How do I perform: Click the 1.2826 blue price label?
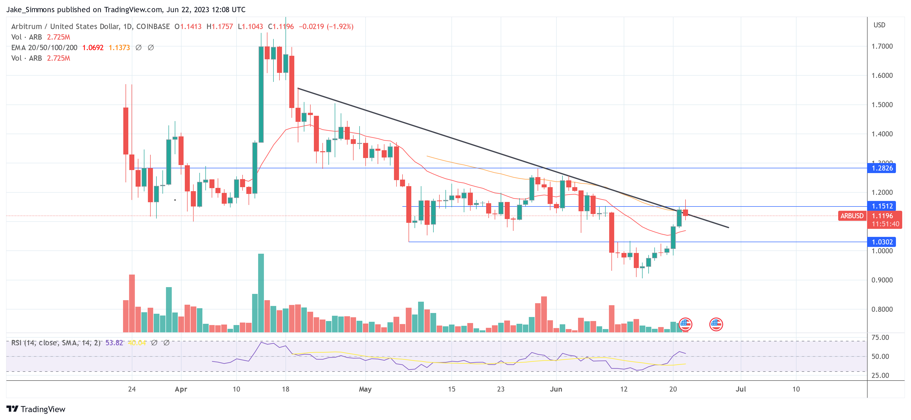point(882,168)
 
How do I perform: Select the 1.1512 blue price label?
point(882,206)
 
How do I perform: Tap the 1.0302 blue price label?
point(882,242)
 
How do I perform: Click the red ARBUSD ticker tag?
point(851,216)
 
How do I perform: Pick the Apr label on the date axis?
point(181,389)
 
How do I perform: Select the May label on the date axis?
point(365,389)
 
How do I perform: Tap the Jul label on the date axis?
point(741,389)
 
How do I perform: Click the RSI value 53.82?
point(114,343)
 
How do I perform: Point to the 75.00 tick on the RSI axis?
point(880,338)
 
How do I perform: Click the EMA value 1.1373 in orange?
point(119,48)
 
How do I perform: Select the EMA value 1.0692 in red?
point(93,48)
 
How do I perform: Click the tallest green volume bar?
point(261,293)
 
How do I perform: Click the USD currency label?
point(879,25)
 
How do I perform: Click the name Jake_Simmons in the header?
point(30,10)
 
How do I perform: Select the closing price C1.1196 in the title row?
point(281,27)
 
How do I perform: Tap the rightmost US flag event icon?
point(716,324)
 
